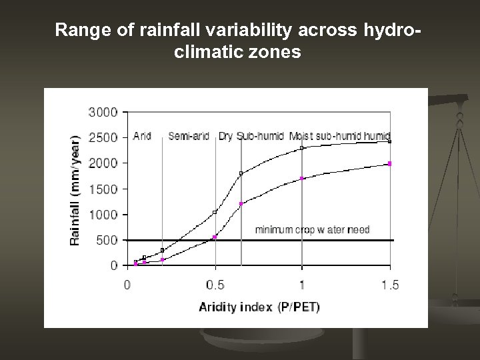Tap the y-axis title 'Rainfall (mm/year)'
pos(75,190)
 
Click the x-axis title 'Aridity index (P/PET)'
pos(259,307)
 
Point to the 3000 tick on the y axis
pos(103,112)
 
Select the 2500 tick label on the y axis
pos(103,137)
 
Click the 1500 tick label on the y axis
pos(103,189)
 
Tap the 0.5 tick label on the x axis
pos(215,285)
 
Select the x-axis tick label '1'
pos(302,285)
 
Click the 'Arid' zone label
pos(142,136)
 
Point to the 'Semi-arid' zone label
pos(189,136)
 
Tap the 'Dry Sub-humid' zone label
pos(251,136)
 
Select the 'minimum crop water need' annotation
pos(312,230)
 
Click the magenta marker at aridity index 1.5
pos(389,163)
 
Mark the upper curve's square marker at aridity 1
pos(302,148)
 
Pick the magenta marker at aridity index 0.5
pos(215,237)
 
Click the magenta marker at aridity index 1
pos(302,178)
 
